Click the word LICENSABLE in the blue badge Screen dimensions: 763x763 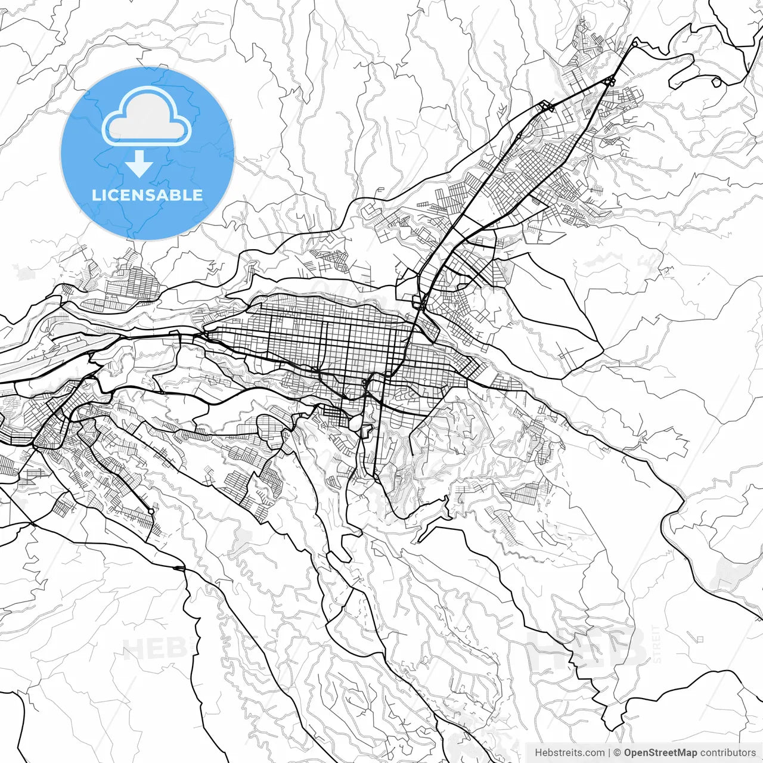pos(147,195)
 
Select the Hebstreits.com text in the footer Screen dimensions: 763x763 pos(569,753)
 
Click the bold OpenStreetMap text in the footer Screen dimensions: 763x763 pos(660,753)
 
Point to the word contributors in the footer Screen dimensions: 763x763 pos(728,753)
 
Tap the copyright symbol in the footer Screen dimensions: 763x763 pos(618,753)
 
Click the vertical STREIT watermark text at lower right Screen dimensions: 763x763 pos(657,644)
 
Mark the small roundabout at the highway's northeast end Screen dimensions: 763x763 pos(635,44)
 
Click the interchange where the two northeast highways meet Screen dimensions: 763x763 pos(610,81)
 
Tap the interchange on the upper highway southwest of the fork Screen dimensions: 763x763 pos(547,107)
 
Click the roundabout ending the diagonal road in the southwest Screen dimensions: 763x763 pos(151,511)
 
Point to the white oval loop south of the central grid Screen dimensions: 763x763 pos(355,423)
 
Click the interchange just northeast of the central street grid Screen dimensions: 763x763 pos(421,304)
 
